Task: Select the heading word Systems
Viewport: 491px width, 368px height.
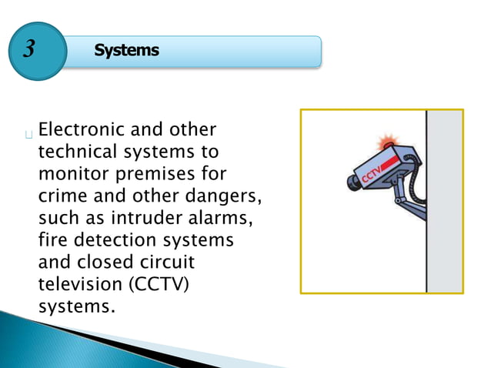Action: coord(126,51)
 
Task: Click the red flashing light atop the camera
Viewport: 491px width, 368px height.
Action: coord(386,144)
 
